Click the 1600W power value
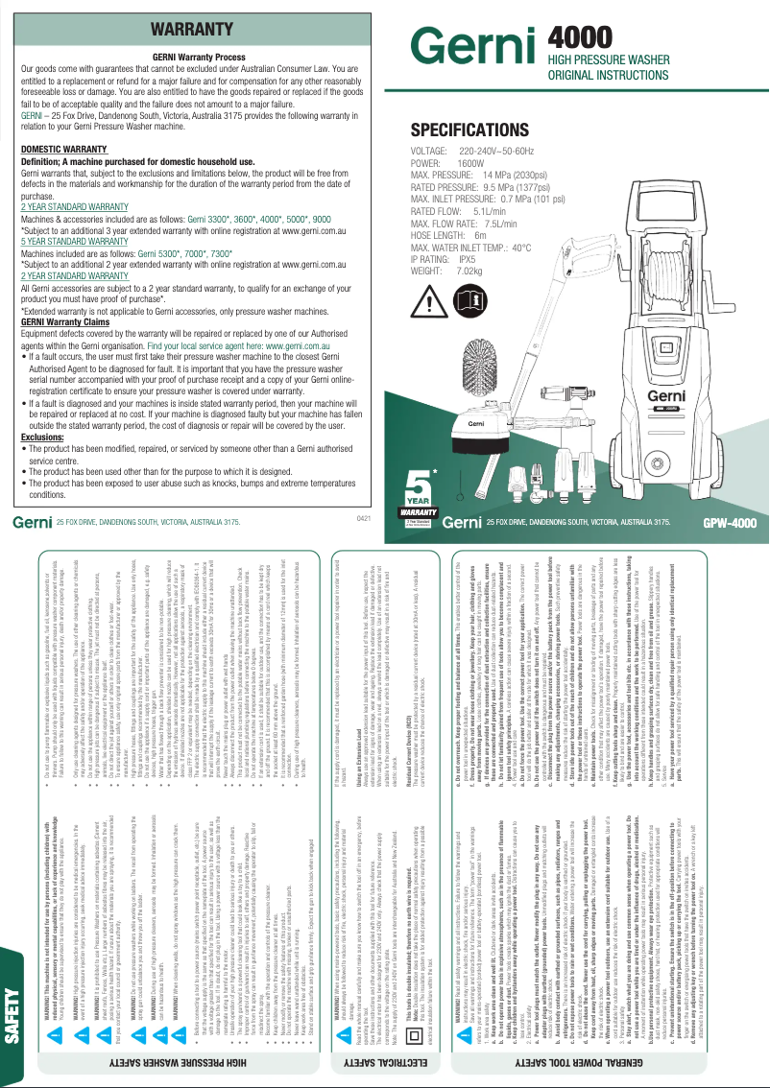point(470,165)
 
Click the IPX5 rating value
point(468,259)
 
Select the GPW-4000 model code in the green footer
point(730,523)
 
